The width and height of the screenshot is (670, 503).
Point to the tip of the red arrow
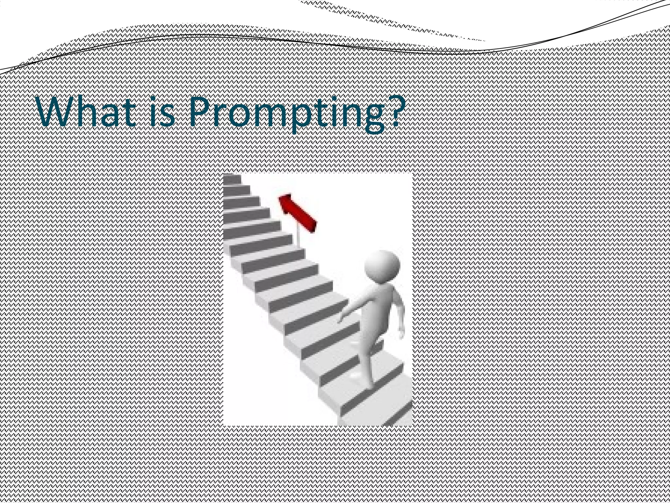pos(281,198)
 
